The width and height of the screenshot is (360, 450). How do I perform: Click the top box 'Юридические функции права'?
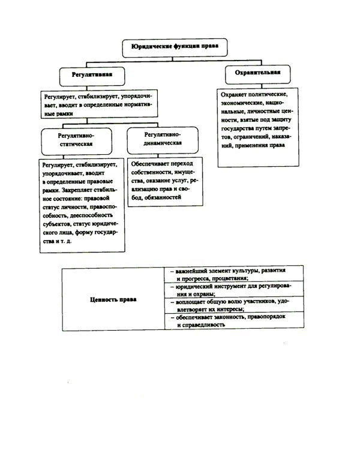tap(174, 46)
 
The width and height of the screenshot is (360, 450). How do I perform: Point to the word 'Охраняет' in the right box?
tap(235, 95)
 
